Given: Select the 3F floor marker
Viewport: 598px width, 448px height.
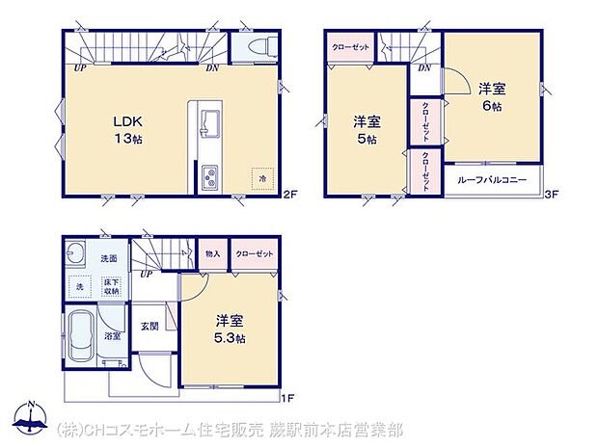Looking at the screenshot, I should click(553, 195).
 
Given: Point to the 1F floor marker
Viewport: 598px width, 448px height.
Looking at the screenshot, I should click(287, 396).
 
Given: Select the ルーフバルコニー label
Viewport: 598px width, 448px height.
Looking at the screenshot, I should click(493, 180).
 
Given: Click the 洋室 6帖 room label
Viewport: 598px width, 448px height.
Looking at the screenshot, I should click(491, 97).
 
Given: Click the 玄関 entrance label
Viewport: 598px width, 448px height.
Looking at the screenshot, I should click(149, 326).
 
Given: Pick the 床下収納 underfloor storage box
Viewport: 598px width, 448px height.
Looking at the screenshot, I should click(112, 285).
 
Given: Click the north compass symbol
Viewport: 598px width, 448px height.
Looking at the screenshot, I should click(31, 420).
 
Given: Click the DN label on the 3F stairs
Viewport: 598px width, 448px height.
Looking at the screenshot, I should click(424, 68).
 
